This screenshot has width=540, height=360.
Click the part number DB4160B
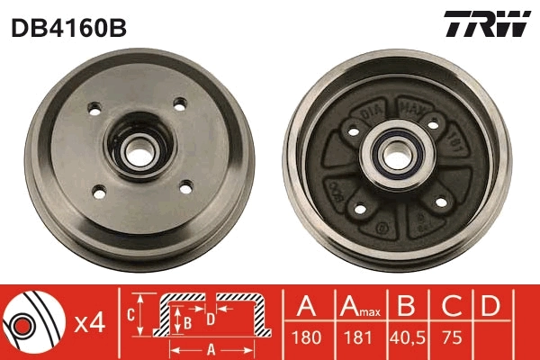68,29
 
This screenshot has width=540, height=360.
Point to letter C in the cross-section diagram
131,314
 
